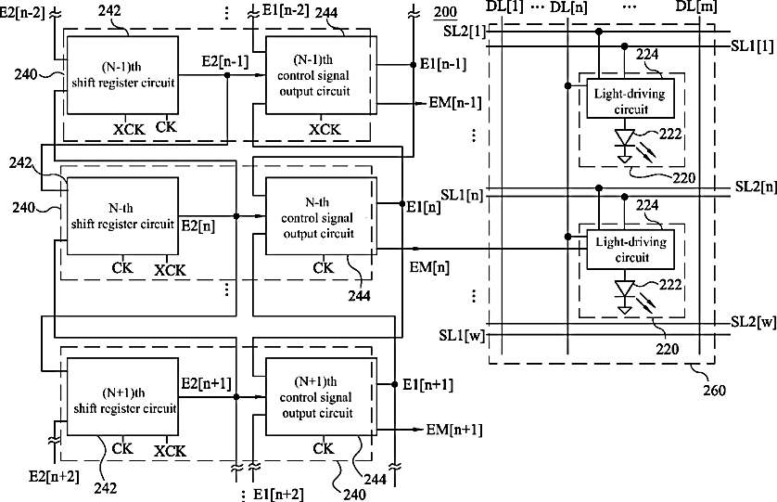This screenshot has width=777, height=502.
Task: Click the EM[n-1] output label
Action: [455, 103]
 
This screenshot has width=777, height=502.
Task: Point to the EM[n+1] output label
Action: [454, 430]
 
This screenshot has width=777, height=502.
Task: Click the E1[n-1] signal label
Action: [443, 64]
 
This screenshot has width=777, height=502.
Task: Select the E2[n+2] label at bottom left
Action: [54, 477]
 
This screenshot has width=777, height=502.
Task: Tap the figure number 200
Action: [445, 11]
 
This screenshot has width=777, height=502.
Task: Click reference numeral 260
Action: [715, 391]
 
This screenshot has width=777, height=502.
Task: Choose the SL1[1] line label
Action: [752, 46]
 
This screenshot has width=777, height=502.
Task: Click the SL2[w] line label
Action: [753, 322]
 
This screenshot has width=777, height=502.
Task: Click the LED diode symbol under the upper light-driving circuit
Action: [625, 146]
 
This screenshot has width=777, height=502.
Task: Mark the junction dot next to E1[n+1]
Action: [394, 384]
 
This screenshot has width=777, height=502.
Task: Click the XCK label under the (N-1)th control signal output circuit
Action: [325, 130]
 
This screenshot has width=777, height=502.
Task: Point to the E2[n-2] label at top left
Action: [23, 12]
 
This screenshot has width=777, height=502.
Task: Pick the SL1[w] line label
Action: [462, 336]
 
